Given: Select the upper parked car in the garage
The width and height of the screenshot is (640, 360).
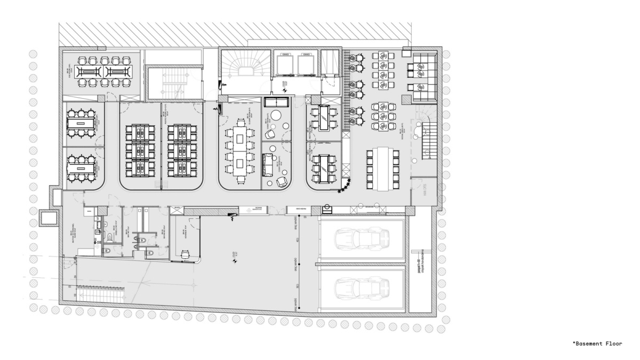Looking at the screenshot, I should pos(361,238).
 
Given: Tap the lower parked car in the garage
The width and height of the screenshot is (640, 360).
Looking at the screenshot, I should pos(361,288).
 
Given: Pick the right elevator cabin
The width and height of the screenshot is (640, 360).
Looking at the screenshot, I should pos(306,65).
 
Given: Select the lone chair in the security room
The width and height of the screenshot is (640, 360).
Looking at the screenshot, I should pos(186,255).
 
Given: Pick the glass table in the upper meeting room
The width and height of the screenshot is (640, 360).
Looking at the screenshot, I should pos(322,117).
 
